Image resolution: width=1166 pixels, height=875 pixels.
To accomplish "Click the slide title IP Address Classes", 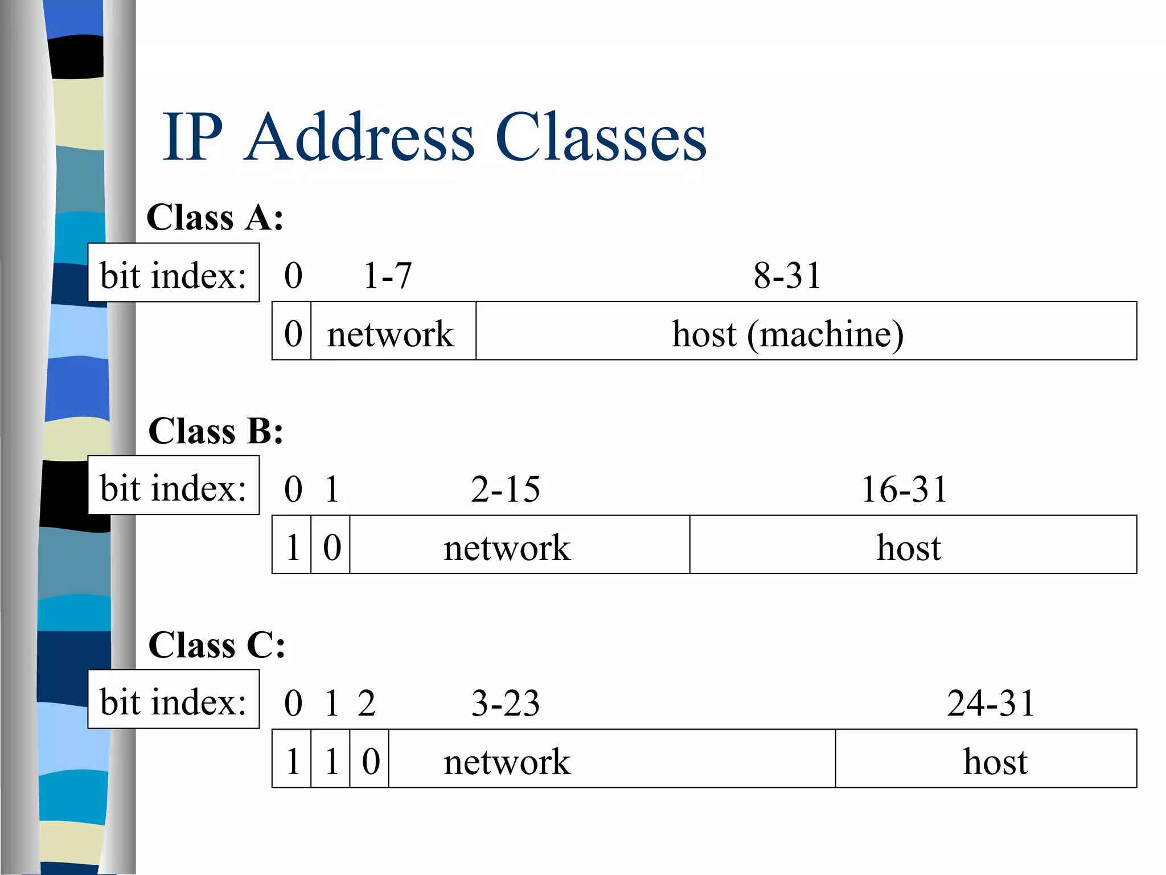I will [x=434, y=137].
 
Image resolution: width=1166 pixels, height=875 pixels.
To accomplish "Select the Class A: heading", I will [x=215, y=217].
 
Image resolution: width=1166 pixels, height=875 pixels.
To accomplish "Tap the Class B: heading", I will [x=215, y=431].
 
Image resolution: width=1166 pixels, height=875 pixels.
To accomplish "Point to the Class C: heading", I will [x=216, y=645].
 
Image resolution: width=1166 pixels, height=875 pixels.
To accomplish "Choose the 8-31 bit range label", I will [x=787, y=276].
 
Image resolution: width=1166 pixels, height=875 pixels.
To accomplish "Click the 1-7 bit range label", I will [x=387, y=276].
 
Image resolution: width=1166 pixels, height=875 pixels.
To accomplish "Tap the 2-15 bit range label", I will [x=505, y=489].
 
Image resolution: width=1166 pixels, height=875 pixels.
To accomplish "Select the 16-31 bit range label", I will [x=904, y=489].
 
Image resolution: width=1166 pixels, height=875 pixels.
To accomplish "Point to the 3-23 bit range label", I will [x=505, y=703].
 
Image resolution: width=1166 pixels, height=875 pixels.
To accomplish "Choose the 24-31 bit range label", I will [x=991, y=703].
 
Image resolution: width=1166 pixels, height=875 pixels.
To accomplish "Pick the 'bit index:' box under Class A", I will [x=173, y=273].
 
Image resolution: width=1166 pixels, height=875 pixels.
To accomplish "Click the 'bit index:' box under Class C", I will [x=173, y=699].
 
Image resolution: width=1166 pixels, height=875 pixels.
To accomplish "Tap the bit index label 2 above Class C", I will [x=367, y=703].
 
